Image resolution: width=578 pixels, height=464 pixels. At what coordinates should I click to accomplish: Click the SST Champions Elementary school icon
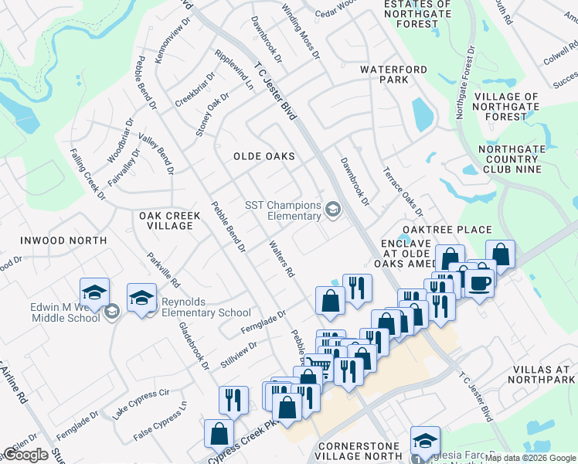(x=333, y=210)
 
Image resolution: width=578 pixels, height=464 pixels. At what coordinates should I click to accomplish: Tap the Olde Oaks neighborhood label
(x=264, y=156)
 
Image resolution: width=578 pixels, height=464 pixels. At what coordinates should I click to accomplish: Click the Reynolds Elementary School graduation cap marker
(x=142, y=299)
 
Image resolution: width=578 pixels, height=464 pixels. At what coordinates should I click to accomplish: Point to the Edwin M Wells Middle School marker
(x=95, y=292)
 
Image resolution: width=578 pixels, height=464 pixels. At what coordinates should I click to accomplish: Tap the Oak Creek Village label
(x=165, y=220)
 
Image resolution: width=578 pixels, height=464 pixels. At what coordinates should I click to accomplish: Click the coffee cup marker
(x=480, y=282)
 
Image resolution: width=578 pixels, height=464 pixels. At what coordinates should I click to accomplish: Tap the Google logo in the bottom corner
(x=25, y=455)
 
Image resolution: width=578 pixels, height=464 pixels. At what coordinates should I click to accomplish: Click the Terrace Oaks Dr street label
(x=403, y=192)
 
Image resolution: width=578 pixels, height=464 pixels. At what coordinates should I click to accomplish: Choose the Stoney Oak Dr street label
(x=212, y=114)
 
